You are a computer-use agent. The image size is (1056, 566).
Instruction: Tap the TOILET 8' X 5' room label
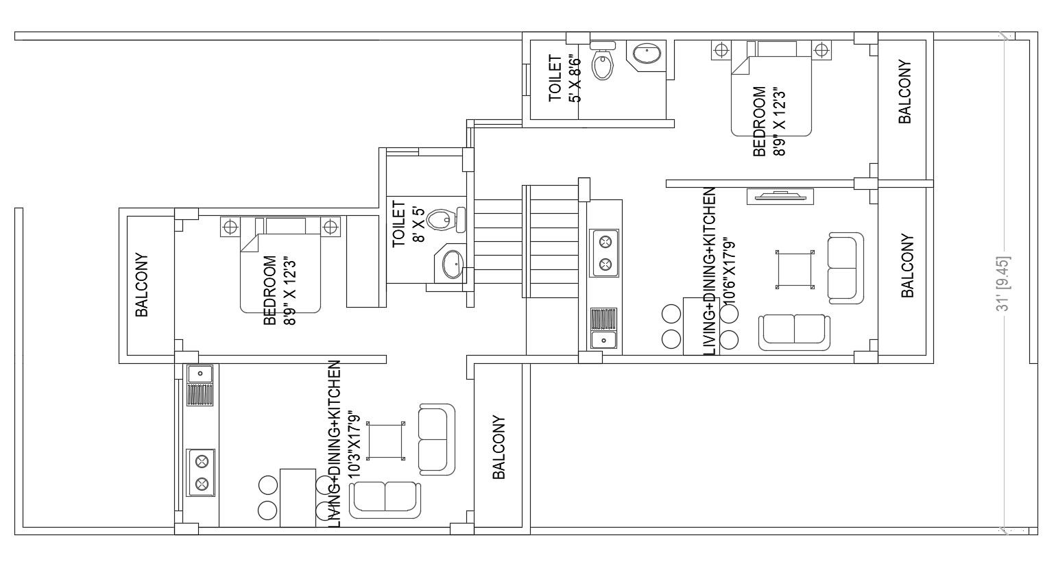point(407,223)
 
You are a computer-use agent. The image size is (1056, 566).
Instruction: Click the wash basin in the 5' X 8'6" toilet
point(647,54)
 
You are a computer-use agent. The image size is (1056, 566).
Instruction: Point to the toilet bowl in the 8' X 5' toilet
point(441,220)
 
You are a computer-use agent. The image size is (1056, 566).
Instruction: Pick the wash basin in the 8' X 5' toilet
point(451,264)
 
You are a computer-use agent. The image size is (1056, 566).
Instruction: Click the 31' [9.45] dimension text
point(1005,284)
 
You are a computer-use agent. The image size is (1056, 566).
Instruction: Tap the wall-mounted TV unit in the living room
point(780,197)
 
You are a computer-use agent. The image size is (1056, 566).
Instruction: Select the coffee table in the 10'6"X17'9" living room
point(795,270)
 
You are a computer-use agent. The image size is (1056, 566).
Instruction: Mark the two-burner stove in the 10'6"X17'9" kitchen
point(605,254)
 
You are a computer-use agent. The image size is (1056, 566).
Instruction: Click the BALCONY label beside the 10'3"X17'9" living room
point(499,447)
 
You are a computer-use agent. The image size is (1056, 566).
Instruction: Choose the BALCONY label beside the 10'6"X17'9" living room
point(907,267)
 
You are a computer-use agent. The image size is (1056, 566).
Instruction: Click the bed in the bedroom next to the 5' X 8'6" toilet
point(771,89)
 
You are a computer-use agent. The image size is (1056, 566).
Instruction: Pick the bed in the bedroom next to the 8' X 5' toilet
point(280,267)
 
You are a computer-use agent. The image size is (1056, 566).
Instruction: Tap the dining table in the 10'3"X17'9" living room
point(298,497)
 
